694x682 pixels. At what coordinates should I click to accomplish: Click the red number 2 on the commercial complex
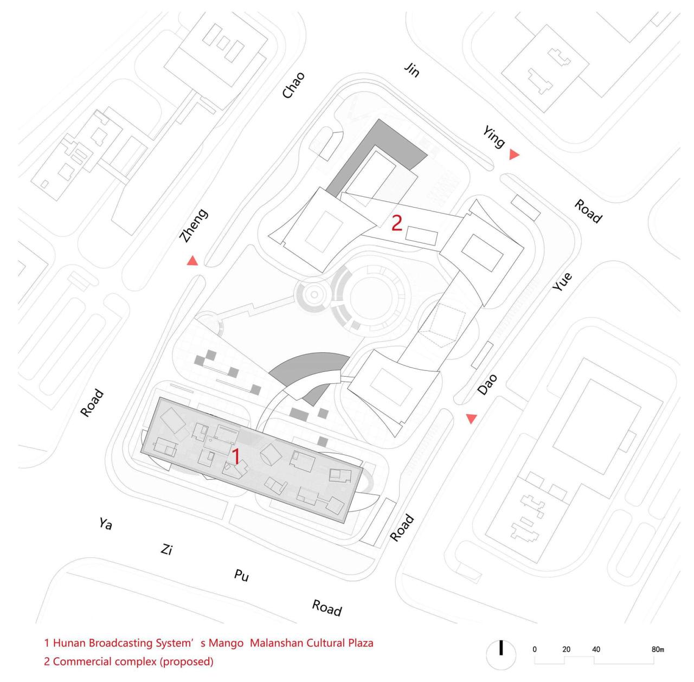(396, 223)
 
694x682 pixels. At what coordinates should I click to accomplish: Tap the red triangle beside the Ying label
(514, 155)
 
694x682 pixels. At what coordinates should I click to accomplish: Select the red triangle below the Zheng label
(192, 260)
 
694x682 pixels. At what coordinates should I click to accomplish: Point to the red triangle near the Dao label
(471, 418)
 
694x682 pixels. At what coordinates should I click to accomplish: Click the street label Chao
(293, 85)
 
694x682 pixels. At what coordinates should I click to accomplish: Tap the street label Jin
(412, 70)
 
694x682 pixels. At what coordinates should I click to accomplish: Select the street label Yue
(562, 281)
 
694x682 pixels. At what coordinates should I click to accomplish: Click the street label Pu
(241, 575)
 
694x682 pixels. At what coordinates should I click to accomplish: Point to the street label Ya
(106, 523)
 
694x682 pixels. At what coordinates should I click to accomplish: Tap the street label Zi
(166, 549)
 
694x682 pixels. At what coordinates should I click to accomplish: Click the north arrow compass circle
(500, 654)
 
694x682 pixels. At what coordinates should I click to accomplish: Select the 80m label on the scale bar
(658, 649)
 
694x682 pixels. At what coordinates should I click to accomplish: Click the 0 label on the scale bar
(535, 649)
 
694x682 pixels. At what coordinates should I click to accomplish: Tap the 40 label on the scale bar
(596, 649)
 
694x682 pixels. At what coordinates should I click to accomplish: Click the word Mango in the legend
(226, 643)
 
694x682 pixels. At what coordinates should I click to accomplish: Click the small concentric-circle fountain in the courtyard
(314, 294)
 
